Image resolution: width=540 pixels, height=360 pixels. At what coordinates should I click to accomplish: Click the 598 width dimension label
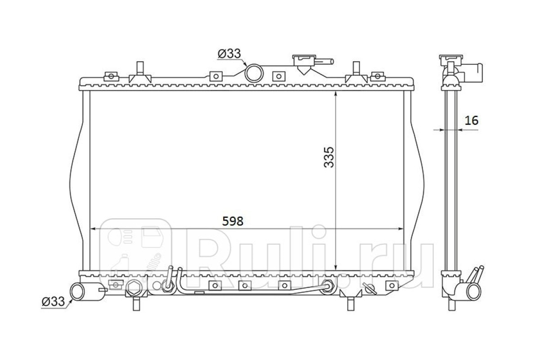[x=233, y=221]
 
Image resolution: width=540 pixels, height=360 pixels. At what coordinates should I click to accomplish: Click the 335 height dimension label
[x=329, y=157]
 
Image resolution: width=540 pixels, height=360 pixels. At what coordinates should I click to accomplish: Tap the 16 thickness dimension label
[x=471, y=121]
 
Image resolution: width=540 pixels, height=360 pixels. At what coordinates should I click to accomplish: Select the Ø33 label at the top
[x=229, y=54]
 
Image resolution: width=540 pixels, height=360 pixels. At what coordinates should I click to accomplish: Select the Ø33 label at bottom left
[x=53, y=301]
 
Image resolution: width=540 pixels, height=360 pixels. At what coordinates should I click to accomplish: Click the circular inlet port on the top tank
[x=254, y=73]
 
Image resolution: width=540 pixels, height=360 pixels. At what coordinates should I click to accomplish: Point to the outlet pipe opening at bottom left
[x=77, y=292]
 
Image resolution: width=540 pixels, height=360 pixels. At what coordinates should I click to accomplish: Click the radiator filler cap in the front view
[x=304, y=60]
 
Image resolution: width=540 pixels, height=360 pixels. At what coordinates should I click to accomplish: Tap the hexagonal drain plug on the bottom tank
[x=132, y=288]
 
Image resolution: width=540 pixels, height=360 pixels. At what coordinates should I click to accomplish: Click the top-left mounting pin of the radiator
[x=140, y=68]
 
